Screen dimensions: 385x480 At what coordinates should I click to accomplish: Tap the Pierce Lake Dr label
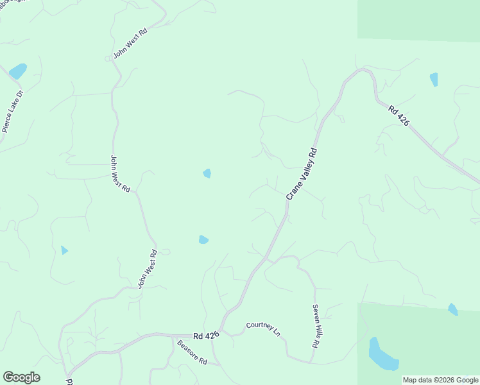coord(12,111)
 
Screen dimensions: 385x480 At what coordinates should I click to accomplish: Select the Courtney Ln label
coord(264,329)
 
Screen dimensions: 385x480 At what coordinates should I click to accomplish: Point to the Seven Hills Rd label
coord(316,327)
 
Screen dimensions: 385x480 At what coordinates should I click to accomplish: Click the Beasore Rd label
coord(192,352)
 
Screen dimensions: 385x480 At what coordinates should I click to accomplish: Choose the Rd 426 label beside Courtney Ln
coord(206,335)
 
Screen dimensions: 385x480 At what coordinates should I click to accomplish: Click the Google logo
coord(21,377)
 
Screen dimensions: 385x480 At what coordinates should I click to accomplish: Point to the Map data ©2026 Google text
coord(440,380)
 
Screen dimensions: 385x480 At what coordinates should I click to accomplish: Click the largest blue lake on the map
coord(382,356)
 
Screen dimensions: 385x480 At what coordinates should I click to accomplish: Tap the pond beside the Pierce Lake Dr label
coord(17,70)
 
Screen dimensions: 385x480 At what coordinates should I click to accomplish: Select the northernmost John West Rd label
coord(130,44)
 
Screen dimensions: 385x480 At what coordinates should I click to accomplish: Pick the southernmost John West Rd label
coord(147,270)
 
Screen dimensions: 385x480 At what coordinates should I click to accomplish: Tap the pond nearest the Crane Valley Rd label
coord(207,173)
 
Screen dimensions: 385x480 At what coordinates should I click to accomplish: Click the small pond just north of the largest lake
coord(452,309)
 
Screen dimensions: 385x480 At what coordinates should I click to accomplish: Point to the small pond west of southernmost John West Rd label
coord(64,250)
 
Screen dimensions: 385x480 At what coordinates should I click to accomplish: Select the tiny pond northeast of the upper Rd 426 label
coord(434,80)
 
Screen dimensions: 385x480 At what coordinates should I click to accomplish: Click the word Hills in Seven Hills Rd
coord(316,327)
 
